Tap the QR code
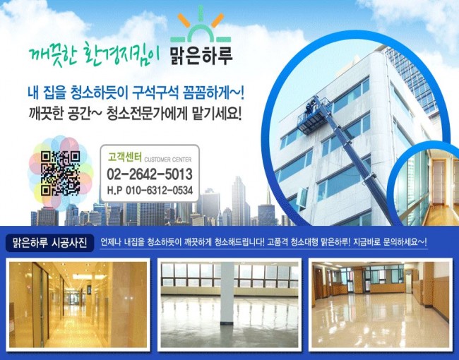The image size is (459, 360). point(60,173)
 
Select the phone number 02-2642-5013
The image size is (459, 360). point(150,174)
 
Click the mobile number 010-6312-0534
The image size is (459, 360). point(160,191)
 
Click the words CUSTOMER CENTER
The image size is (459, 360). point(168,160)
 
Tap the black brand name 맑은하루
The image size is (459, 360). point(201,55)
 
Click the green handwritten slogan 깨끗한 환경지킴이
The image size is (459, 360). point(94,54)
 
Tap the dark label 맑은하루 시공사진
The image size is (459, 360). point(49,243)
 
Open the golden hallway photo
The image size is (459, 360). point(78,304)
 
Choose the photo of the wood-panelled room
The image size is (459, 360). point(380,304)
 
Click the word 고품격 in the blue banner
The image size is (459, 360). point(278,243)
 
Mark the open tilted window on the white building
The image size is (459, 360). point(302,198)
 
